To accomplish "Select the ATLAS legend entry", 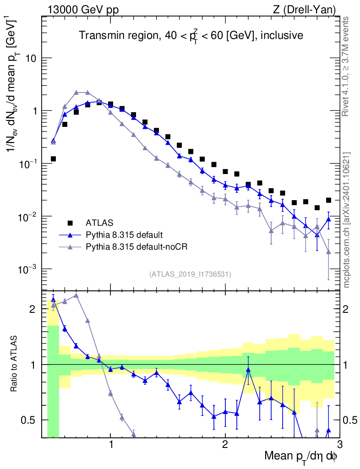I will (x=98, y=223).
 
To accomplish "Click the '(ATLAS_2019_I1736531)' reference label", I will (x=190, y=274).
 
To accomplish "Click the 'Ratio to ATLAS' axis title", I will (x=15, y=364).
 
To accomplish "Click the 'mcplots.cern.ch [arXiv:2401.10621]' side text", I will (x=347, y=220).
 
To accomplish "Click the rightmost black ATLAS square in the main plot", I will (x=328, y=200).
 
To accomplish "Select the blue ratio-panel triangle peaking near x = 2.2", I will (x=248, y=369).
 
